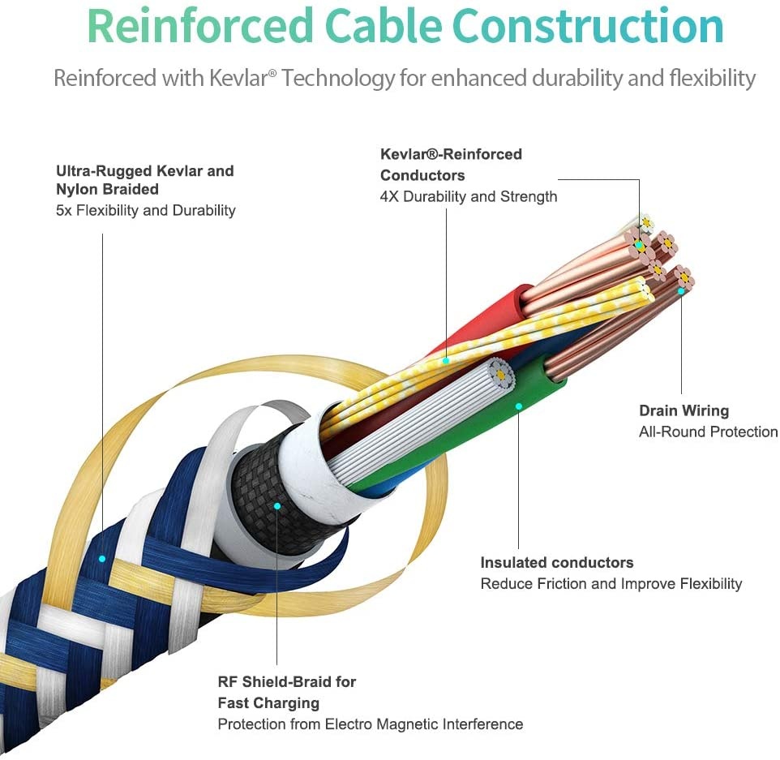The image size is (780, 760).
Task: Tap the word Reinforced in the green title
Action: click(199, 27)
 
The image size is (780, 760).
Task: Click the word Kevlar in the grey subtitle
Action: click(232, 79)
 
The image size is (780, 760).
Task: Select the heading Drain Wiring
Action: click(684, 410)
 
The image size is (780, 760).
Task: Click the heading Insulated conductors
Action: click(556, 562)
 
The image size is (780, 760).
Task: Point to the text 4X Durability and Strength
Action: click(469, 196)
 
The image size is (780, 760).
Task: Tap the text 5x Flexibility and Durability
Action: click(146, 210)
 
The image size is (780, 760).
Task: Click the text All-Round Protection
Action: click(708, 432)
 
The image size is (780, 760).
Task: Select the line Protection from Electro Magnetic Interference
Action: click(370, 724)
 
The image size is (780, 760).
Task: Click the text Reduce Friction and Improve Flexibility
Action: click(611, 583)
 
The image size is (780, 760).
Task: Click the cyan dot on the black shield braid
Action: click(276, 505)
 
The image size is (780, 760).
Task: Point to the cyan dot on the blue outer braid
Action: click(102, 559)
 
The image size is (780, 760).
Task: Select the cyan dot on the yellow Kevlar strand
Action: click(446, 359)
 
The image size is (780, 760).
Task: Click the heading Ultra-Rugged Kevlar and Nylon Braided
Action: click(144, 179)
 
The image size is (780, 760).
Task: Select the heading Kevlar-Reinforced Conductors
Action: click(451, 164)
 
